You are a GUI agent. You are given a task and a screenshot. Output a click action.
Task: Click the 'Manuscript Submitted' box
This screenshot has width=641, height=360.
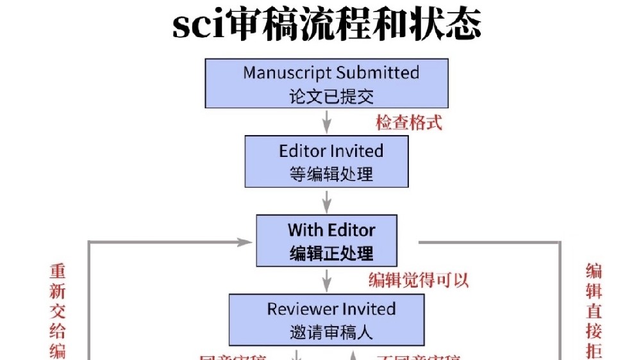click(x=327, y=83)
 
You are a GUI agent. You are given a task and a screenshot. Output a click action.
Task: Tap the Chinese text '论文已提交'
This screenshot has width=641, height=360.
click(x=331, y=97)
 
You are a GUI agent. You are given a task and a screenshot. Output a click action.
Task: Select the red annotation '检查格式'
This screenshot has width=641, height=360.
click(x=409, y=122)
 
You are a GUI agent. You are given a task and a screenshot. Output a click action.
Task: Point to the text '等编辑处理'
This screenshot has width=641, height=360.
click(x=331, y=174)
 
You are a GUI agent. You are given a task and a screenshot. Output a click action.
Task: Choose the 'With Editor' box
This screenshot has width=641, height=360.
click(x=326, y=241)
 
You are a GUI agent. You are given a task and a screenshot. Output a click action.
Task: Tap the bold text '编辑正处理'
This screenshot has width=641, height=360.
click(x=331, y=253)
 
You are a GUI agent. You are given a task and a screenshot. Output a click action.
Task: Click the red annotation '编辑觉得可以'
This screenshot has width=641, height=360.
click(x=419, y=281)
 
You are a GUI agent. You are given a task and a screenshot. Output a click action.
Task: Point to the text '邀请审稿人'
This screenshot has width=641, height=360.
click(x=331, y=332)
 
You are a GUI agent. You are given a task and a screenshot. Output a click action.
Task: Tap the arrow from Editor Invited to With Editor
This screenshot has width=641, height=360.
click(x=327, y=201)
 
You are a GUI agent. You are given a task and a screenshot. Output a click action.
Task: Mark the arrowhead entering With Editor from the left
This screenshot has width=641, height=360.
click(x=244, y=242)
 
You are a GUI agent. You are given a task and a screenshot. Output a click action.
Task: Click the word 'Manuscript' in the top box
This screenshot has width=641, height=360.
click(x=287, y=72)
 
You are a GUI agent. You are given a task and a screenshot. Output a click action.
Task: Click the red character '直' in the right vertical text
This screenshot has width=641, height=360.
click(x=594, y=312)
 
